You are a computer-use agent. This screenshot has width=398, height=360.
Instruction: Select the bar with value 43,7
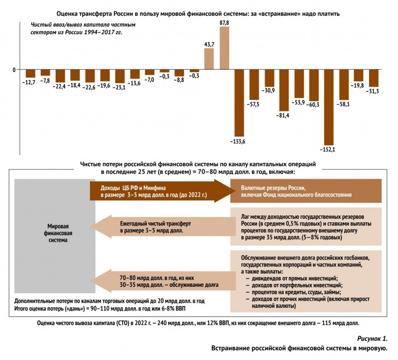pyautogui.click(x=209, y=59)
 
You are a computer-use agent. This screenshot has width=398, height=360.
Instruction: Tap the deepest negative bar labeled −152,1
pyautogui.click(x=328, y=107)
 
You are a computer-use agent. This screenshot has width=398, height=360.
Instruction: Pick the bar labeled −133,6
pyautogui.click(x=239, y=102)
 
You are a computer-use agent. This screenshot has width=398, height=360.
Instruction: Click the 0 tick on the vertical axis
pyautogui.click(x=15, y=70)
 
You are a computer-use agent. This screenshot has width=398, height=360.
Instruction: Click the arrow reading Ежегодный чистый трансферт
pyautogui.click(x=160, y=227)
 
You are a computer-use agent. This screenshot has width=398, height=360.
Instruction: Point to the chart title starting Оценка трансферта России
pyautogui.click(x=199, y=12)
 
